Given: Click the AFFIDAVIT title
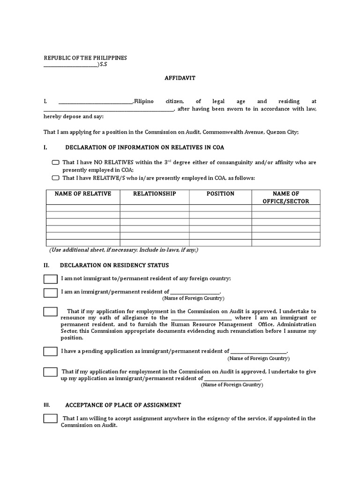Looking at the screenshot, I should click(x=180, y=78).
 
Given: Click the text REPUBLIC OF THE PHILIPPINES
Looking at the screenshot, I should click(x=85, y=58).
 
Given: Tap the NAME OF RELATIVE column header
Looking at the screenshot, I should click(x=83, y=194).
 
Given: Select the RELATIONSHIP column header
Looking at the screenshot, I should click(x=155, y=194).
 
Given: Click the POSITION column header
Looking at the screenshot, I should click(x=220, y=194).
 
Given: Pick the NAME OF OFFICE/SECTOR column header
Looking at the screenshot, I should click(x=286, y=197).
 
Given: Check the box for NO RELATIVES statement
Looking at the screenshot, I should click(x=56, y=163).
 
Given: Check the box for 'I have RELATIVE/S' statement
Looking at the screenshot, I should click(x=56, y=178).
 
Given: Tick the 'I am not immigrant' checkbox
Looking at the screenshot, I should click(x=51, y=279).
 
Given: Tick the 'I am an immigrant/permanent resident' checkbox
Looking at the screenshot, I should click(x=51, y=293).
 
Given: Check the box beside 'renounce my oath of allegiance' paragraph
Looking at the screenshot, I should click(x=51, y=312).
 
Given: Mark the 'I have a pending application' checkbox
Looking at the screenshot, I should click(x=51, y=351).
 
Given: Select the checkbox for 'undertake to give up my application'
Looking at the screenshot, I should click(x=51, y=372).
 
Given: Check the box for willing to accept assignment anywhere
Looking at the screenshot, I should click(x=51, y=419).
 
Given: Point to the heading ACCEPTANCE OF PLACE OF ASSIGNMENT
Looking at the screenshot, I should click(x=123, y=405).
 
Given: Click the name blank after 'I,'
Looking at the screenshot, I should click(x=96, y=102).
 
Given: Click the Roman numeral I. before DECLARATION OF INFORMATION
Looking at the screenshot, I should click(x=45, y=148).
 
